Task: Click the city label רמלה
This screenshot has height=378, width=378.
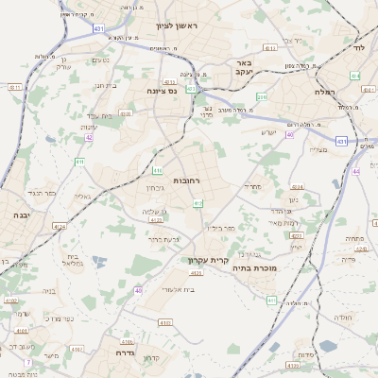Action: [x=327, y=94]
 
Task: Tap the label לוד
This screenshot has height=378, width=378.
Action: [x=359, y=46]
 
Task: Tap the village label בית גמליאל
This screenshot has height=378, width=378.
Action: [x=72, y=260]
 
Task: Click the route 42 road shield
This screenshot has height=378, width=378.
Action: [x=89, y=137]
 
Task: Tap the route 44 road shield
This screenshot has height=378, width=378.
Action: [x=355, y=171]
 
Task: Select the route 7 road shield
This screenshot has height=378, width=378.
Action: [x=28, y=362]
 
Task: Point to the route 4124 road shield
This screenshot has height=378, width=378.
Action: [x=60, y=227]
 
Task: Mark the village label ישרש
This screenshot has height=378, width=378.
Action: [x=268, y=132]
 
